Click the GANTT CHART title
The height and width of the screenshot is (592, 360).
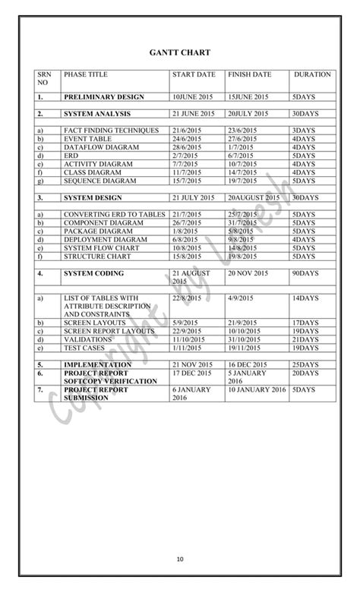pos(179,53)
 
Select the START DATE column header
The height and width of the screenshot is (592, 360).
pos(194,75)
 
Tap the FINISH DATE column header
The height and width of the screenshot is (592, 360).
pos(249,75)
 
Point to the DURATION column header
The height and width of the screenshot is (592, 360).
pos(312,75)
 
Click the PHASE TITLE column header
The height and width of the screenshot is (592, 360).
pos(86,75)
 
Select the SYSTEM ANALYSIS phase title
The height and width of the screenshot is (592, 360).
pos(97,114)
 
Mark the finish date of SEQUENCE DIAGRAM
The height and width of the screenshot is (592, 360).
pos(242,181)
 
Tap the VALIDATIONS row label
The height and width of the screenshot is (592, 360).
pos(88,339)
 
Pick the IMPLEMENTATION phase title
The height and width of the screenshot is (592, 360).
pos(98,365)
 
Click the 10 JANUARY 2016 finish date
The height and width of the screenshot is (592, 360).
pos(257,389)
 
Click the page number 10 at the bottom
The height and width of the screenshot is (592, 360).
pos(180,560)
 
